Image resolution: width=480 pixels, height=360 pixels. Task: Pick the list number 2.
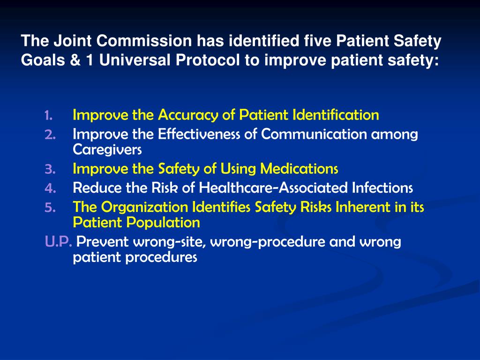click(x=50, y=135)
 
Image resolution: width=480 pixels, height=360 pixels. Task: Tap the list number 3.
click(x=50, y=169)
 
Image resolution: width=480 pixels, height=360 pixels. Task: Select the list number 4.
click(x=50, y=188)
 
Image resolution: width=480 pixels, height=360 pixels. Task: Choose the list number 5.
click(x=50, y=208)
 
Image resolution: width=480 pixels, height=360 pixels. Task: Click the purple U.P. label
click(x=59, y=242)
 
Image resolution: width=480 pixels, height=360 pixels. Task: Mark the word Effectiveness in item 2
click(x=200, y=135)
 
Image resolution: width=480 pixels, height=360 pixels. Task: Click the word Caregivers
click(x=107, y=150)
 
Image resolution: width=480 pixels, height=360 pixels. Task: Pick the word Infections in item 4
click(x=382, y=188)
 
